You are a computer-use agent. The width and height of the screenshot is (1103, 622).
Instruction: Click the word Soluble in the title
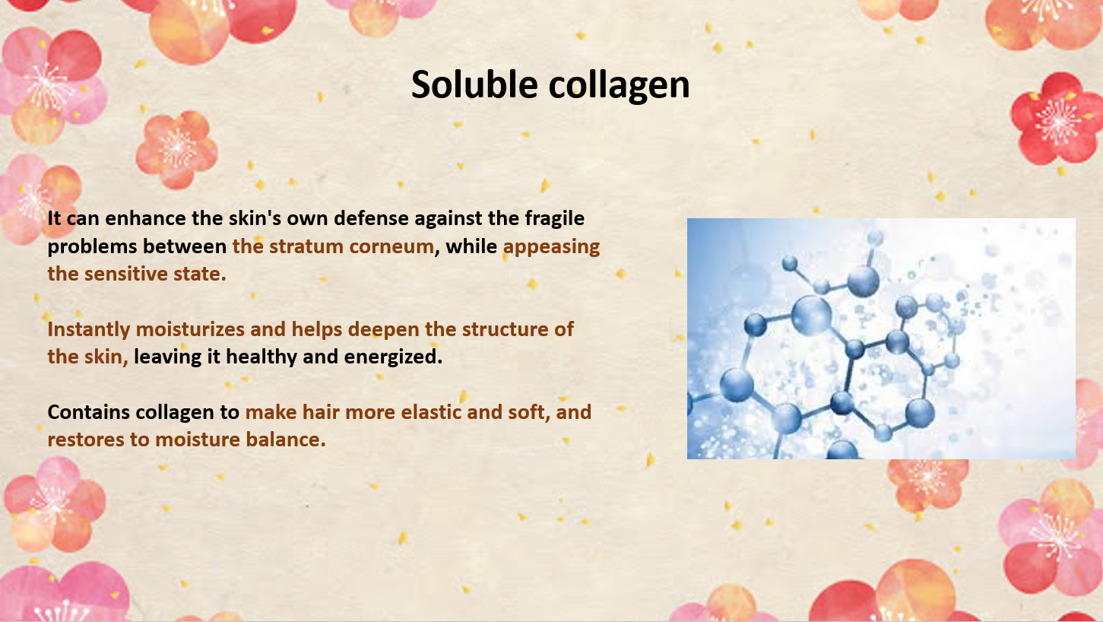coord(474,84)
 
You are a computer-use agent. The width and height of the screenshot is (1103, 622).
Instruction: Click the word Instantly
coord(89,330)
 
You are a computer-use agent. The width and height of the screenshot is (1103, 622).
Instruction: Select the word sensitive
coord(125,274)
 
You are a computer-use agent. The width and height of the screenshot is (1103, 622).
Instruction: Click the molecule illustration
coord(881,339)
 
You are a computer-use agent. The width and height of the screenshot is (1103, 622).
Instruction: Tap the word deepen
coord(383,330)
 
